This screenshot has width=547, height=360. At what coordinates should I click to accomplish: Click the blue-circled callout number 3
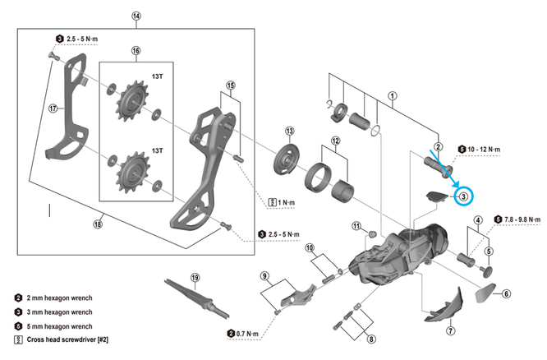point(463,196)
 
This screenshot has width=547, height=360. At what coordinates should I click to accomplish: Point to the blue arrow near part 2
point(441,164)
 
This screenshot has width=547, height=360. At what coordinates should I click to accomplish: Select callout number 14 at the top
point(136,15)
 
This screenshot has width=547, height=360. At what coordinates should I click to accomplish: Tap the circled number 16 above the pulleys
point(136,50)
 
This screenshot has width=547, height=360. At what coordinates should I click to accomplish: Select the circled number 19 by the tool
point(195,277)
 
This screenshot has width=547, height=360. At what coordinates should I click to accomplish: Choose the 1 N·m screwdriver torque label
point(284,201)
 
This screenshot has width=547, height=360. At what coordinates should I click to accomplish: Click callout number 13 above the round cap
point(289,132)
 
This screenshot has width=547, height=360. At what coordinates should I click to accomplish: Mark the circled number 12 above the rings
point(333,141)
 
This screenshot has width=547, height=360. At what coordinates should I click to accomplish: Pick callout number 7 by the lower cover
point(450,331)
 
